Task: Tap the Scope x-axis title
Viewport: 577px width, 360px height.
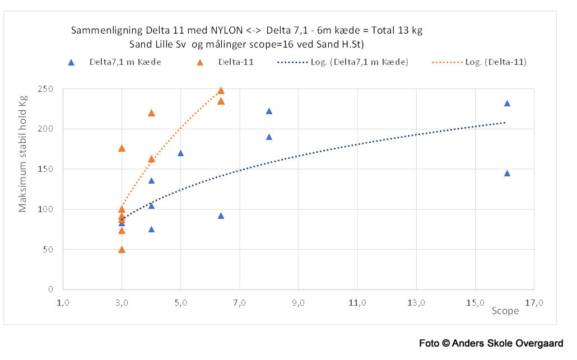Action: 505,311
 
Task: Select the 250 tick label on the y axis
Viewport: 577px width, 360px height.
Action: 46,89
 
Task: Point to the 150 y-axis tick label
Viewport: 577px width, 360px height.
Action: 46,169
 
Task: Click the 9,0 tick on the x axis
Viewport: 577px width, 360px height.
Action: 299,303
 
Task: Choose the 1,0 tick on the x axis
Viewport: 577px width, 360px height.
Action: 63,303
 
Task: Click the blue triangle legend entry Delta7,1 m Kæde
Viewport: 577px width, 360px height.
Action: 71,62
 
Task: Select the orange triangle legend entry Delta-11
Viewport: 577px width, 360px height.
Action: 200,62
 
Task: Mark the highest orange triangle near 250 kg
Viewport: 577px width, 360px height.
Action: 221,90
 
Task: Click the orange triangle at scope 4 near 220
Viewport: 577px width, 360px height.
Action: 151,113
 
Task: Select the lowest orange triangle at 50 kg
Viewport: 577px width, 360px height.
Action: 122,249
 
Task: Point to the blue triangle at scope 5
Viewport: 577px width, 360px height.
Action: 180,153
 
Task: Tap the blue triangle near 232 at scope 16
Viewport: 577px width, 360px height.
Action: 507,103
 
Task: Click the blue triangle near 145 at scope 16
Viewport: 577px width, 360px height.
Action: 507,173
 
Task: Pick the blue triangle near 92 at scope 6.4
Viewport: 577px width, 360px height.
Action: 221,216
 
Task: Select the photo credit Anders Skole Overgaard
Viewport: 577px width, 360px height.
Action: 509,343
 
